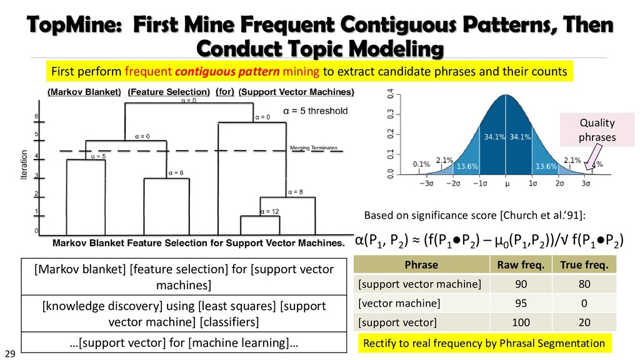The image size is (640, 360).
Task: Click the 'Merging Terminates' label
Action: [x=314, y=148]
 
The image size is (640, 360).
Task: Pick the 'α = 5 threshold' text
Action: [x=315, y=111]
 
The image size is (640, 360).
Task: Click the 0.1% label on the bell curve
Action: [x=421, y=164]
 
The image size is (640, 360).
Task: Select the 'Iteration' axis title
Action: [x=24, y=165]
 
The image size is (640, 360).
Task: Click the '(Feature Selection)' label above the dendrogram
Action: [x=168, y=92]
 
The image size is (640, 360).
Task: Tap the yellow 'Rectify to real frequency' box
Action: [x=484, y=343]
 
